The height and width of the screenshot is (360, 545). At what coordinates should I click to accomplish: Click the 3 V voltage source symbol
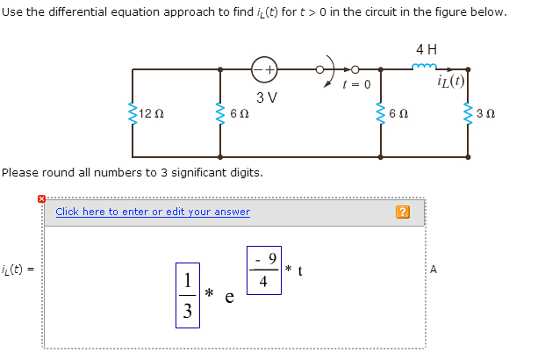click(x=264, y=68)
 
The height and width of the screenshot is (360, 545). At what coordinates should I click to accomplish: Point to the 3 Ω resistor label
click(x=487, y=113)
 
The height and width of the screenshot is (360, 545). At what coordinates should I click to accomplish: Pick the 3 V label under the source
click(x=267, y=96)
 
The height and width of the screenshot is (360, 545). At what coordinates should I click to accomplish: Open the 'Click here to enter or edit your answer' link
click(x=153, y=212)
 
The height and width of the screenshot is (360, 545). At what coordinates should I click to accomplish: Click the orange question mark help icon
click(x=402, y=212)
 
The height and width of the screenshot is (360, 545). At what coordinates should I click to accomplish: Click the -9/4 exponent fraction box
click(x=263, y=270)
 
